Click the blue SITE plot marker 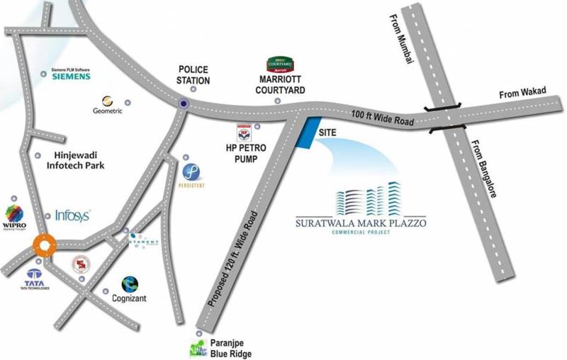(x=305, y=133)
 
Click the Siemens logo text (x=69, y=77)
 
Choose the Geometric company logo (x=108, y=101)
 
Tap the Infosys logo (x=72, y=215)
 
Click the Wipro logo (x=15, y=212)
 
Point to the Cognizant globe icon (x=129, y=285)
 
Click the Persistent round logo (x=191, y=171)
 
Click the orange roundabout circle (x=45, y=244)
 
